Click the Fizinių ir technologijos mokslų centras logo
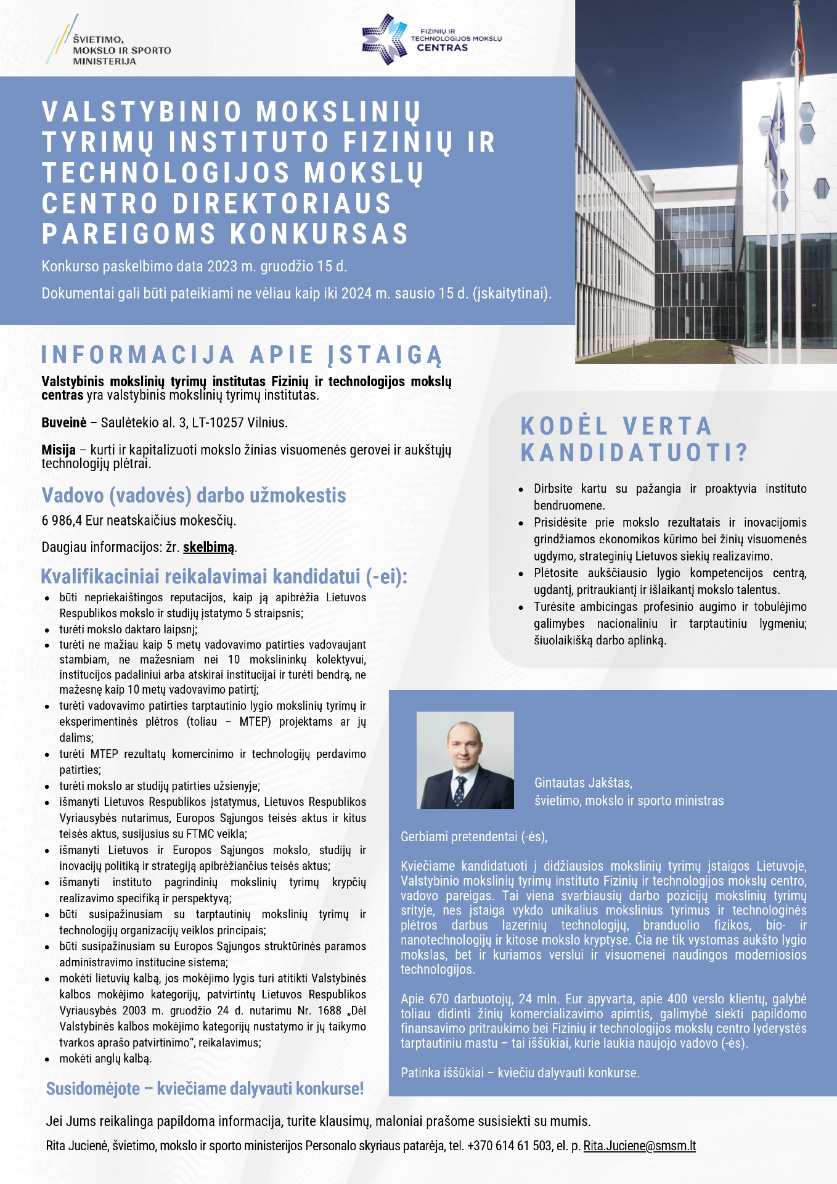pos(431,39)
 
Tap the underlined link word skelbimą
pos(208,547)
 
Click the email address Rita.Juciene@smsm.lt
pos(639,1146)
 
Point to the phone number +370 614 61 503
pos(509,1146)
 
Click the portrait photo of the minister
pos(465,760)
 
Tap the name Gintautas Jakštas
pos(582,783)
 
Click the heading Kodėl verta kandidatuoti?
pos(634,439)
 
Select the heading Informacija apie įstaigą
pos(242,355)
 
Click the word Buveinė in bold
pos(64,423)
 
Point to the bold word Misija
pos(59,450)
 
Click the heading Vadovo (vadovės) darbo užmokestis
pos(194,495)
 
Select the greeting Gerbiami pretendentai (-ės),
pos(473,837)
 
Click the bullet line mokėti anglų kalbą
pos(105,1058)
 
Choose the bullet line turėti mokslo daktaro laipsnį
pos(128,630)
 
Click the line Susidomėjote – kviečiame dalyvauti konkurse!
pos(205,1088)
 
